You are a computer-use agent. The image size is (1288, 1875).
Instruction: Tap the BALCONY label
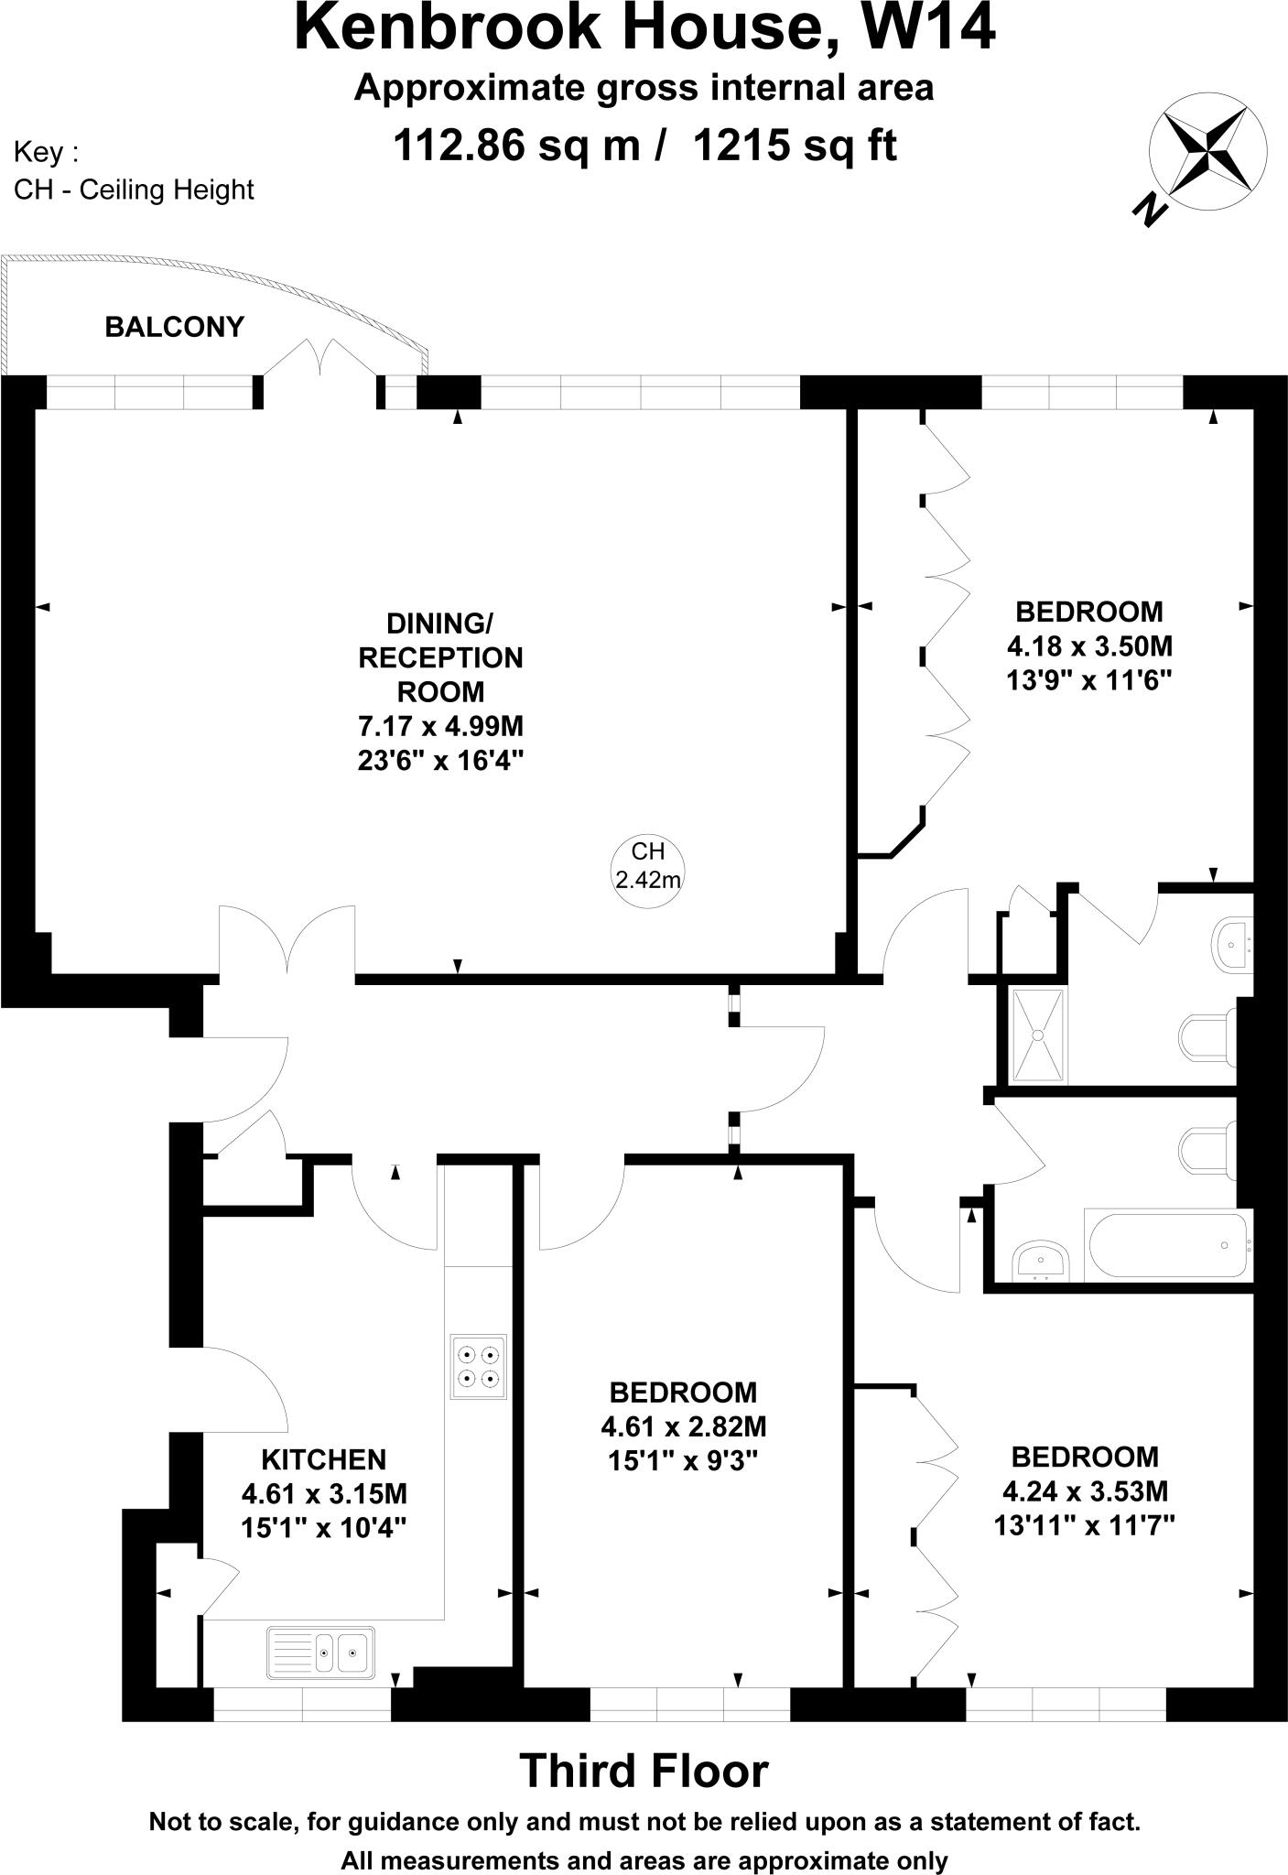click(x=174, y=327)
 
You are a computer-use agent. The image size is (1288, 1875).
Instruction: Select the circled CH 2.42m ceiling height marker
click(x=647, y=866)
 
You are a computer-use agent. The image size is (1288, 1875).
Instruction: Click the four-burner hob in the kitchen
click(x=478, y=1366)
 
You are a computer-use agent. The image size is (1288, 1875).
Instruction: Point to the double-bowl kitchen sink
click(x=321, y=1653)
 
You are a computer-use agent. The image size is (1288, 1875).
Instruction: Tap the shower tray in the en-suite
click(x=1038, y=1035)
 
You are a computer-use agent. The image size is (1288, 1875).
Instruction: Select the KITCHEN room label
click(x=324, y=1459)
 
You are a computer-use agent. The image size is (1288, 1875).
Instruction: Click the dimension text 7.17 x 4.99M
click(x=440, y=726)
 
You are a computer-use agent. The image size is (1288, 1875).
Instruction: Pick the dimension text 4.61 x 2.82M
click(x=683, y=1426)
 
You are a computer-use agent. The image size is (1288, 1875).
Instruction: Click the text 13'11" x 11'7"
click(x=1084, y=1525)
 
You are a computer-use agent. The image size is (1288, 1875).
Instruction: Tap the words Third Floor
click(x=644, y=1771)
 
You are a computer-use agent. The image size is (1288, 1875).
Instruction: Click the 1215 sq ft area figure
click(x=796, y=145)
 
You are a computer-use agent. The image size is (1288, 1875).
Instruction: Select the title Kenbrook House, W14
click(x=644, y=27)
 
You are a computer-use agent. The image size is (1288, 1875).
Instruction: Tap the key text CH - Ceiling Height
click(x=134, y=190)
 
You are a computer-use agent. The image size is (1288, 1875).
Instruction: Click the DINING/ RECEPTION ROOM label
click(x=440, y=657)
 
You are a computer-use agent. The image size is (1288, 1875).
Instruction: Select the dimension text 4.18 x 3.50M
click(x=1089, y=646)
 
